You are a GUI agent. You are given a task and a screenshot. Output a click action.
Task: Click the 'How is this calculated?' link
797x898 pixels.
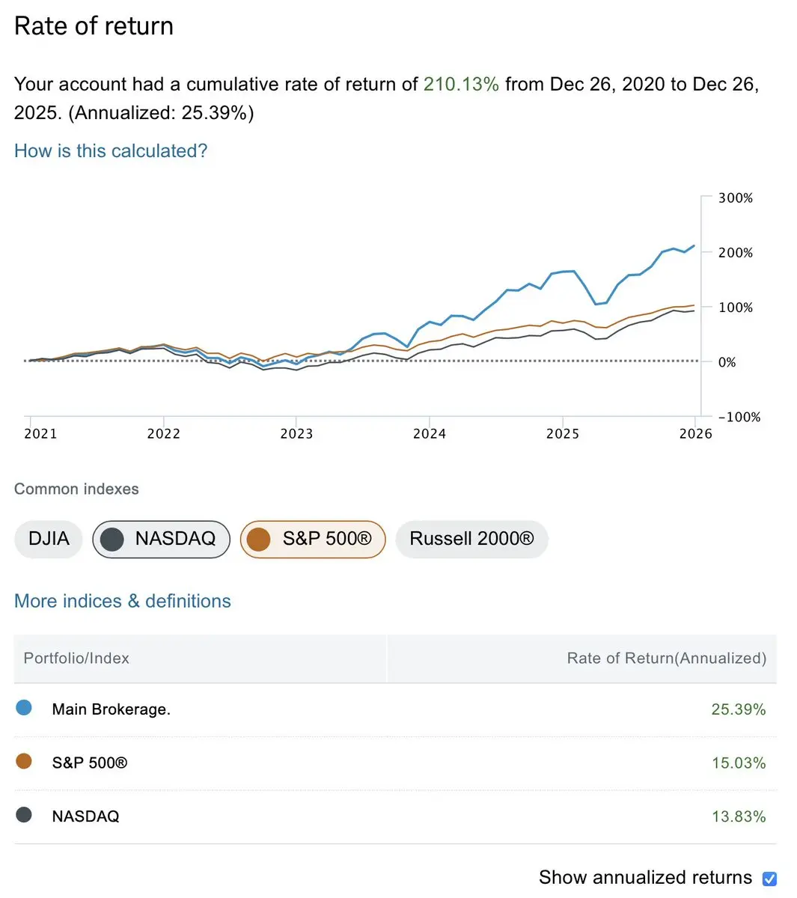111,151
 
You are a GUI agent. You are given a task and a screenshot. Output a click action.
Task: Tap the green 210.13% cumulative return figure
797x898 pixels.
461,85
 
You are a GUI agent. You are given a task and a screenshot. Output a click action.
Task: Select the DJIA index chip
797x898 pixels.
49,539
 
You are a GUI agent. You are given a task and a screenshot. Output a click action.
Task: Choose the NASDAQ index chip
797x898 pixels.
161,539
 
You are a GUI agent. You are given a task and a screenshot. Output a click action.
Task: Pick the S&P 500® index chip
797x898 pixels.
313,539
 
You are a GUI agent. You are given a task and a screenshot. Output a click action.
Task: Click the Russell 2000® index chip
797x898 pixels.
471,539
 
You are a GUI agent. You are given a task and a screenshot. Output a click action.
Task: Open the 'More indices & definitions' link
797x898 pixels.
123,601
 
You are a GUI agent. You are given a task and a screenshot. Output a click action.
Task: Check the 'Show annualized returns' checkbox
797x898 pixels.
769,879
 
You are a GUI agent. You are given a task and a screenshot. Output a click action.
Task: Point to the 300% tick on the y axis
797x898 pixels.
735,198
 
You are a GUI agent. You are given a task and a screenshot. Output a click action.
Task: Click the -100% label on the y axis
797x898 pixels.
739,418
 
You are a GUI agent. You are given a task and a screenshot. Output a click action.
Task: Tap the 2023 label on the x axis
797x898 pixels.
296,434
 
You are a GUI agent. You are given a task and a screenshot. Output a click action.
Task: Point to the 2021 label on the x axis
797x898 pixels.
40,434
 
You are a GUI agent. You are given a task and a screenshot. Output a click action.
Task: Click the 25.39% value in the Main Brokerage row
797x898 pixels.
738,709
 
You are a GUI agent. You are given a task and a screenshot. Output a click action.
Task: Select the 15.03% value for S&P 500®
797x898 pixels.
738,763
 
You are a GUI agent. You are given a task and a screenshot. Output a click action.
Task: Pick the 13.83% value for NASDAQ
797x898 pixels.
738,816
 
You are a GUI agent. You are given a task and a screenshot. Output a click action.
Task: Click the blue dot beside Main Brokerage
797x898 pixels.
24,708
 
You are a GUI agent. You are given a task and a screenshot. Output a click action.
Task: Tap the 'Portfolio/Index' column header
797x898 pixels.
76,659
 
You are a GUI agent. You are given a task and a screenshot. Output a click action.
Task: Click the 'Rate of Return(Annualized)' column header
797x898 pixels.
666,659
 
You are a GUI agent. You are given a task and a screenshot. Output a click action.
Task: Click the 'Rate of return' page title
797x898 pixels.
94,26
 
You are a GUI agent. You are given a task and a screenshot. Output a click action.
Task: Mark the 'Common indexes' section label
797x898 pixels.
76,489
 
